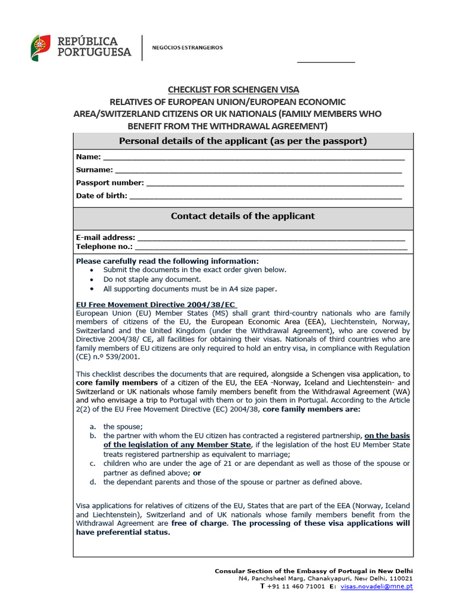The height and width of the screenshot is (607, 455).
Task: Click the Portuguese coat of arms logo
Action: [40, 47]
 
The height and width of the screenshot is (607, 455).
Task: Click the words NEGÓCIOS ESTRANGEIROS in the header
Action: [188, 47]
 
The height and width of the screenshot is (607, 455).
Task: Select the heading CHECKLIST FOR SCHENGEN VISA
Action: [233, 90]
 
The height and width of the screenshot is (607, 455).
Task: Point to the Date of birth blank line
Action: [265, 197]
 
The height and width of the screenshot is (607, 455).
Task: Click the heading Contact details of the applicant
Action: [243, 216]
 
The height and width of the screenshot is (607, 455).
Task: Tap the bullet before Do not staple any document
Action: [91, 279]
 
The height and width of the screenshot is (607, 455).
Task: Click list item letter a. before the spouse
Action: [92, 426]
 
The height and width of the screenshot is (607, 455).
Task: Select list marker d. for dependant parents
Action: [92, 482]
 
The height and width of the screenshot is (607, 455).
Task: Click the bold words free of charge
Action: [198, 523]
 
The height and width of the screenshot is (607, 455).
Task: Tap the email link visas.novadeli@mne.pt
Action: [376, 586]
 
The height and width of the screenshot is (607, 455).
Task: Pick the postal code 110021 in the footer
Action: [401, 578]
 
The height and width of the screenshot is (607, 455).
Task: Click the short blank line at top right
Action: [325, 62]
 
